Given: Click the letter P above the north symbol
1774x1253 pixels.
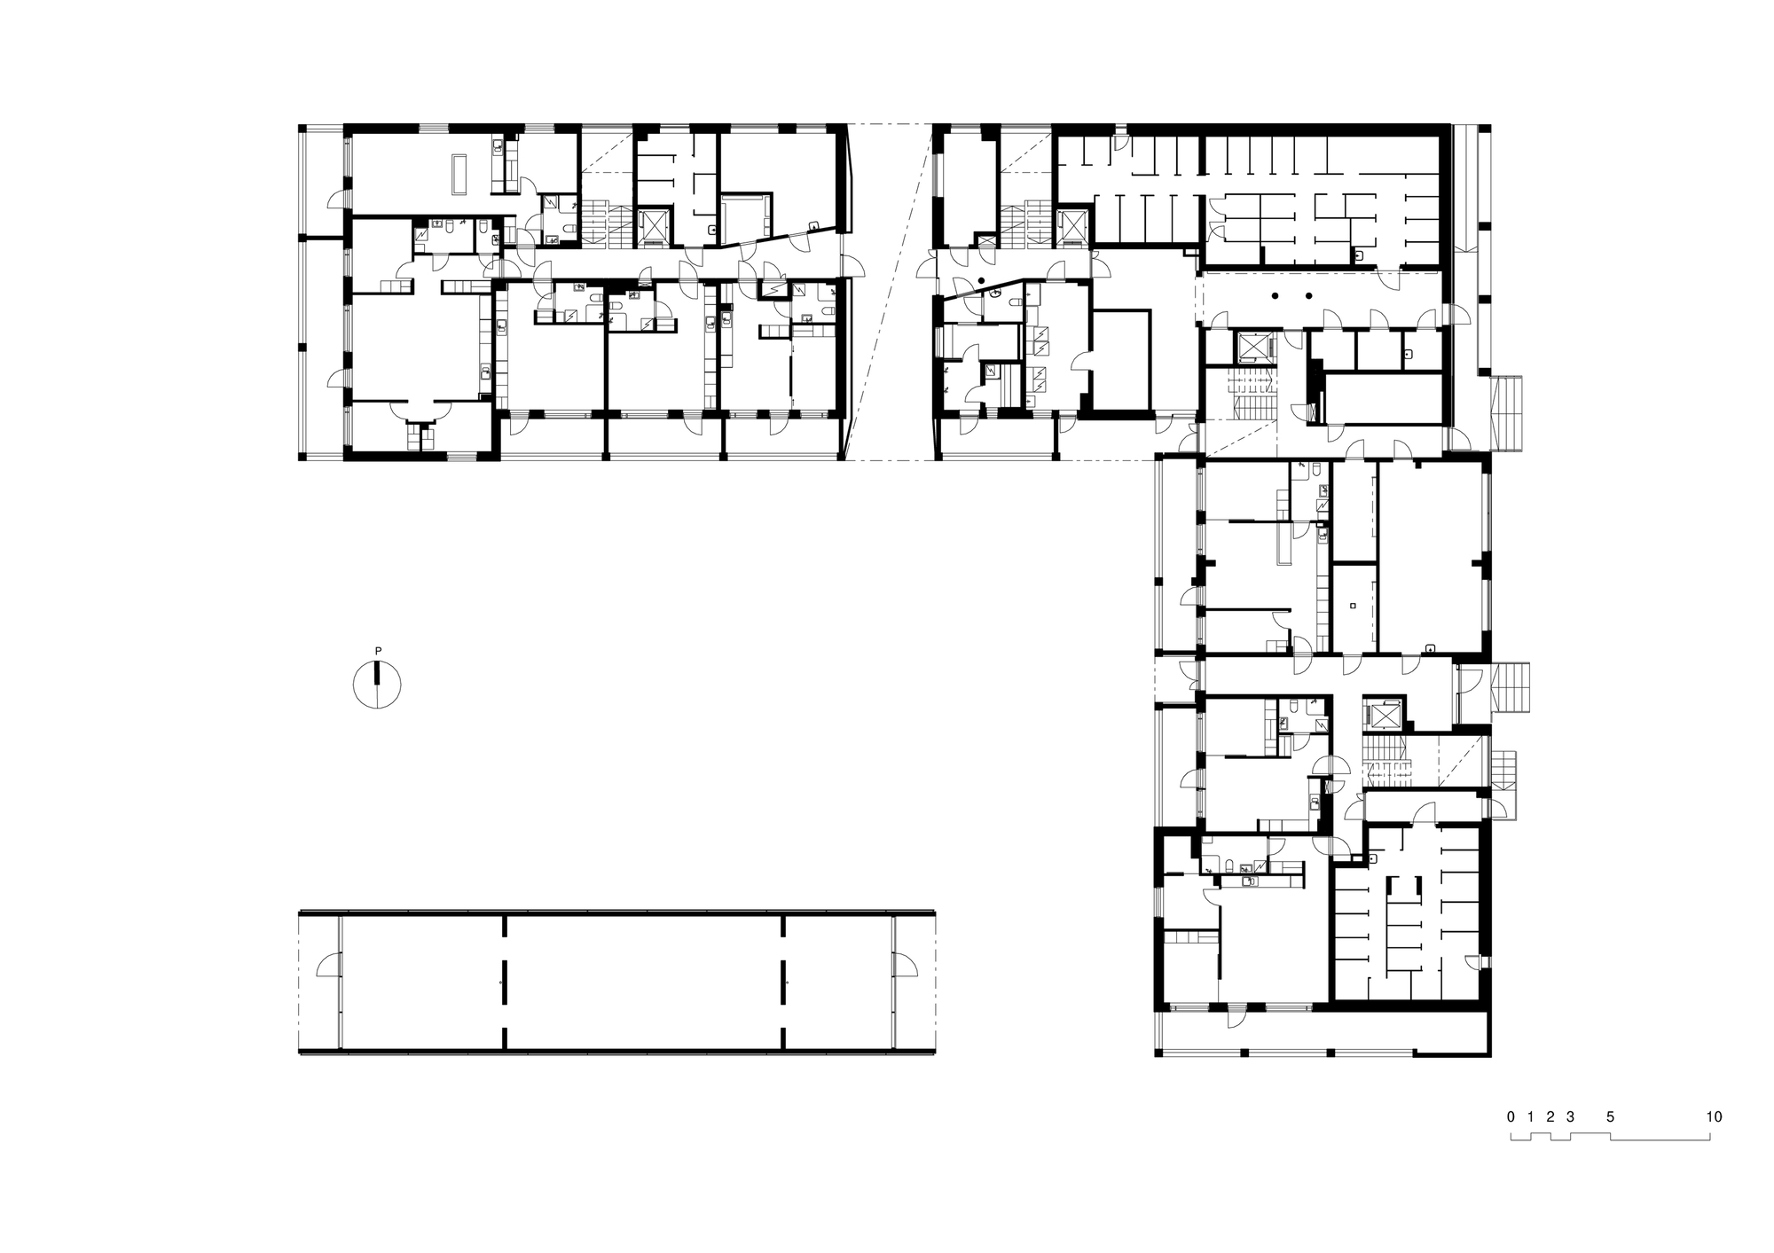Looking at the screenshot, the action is pyautogui.click(x=378, y=651).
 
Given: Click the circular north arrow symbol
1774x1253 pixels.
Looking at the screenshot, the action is pyautogui.click(x=378, y=685).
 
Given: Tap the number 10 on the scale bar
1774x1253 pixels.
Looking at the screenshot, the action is pyautogui.click(x=1714, y=1116).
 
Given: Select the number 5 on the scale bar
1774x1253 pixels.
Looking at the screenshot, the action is pyautogui.click(x=1610, y=1116).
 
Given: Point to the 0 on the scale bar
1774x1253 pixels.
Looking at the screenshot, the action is pyautogui.click(x=1511, y=1116).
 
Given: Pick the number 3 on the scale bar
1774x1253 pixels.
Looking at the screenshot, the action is pyautogui.click(x=1570, y=1116).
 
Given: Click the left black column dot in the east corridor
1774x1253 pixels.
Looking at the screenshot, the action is pyautogui.click(x=1275, y=296).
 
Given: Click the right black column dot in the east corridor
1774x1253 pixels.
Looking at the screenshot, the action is pyautogui.click(x=1307, y=296).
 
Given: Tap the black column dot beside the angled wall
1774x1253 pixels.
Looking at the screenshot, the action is pyautogui.click(x=982, y=281).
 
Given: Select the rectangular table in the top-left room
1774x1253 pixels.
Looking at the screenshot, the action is pyautogui.click(x=459, y=174).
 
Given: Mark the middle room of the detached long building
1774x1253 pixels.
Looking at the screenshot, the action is pyautogui.click(x=644, y=983).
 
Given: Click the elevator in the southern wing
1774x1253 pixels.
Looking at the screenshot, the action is pyautogui.click(x=1383, y=715).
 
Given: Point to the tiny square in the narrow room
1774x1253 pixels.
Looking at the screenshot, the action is pyautogui.click(x=1352, y=606).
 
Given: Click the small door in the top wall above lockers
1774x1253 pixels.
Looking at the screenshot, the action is pyautogui.click(x=1121, y=142).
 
